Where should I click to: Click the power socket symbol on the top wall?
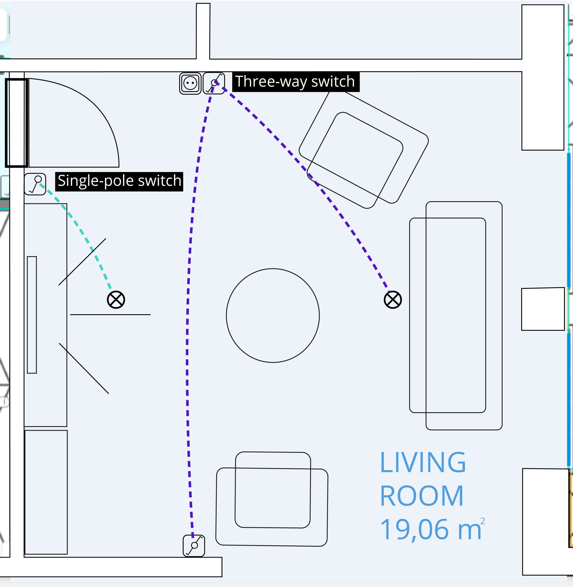pyautogui.click(x=190, y=83)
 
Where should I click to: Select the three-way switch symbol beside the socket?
pyautogui.click(x=214, y=83)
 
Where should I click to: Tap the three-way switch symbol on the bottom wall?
pyautogui.click(x=194, y=545)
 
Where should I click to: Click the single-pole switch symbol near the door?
pyautogui.click(x=35, y=184)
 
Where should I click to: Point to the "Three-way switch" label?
pyautogui.click(x=295, y=81)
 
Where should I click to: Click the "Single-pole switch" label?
pyautogui.click(x=119, y=182)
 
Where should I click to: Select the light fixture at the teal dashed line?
pyautogui.click(x=116, y=300)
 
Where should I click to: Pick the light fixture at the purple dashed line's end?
pyautogui.click(x=393, y=300)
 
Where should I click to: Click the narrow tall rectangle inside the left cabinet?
pyautogui.click(x=32, y=315)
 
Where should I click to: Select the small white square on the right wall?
pyautogui.click(x=543, y=309)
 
